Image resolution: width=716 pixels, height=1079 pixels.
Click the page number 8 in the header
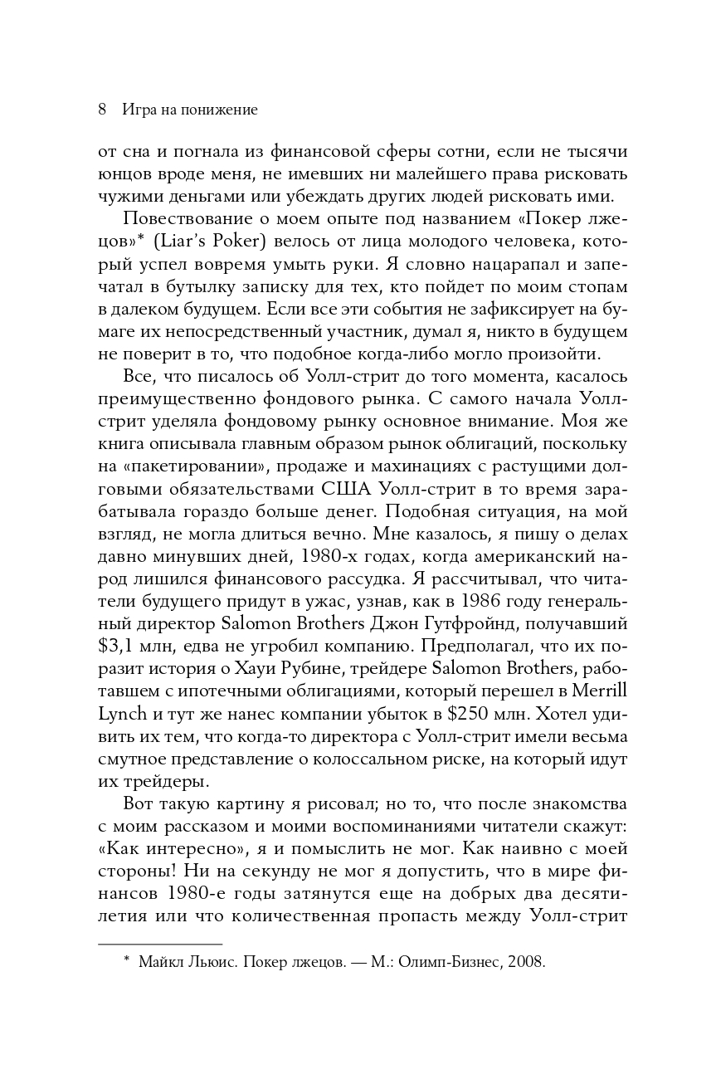pyautogui.click(x=102, y=109)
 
